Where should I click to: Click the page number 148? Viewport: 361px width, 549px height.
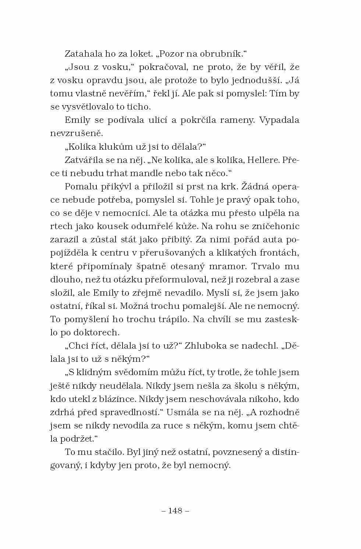175,510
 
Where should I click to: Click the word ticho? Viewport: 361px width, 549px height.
139,107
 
